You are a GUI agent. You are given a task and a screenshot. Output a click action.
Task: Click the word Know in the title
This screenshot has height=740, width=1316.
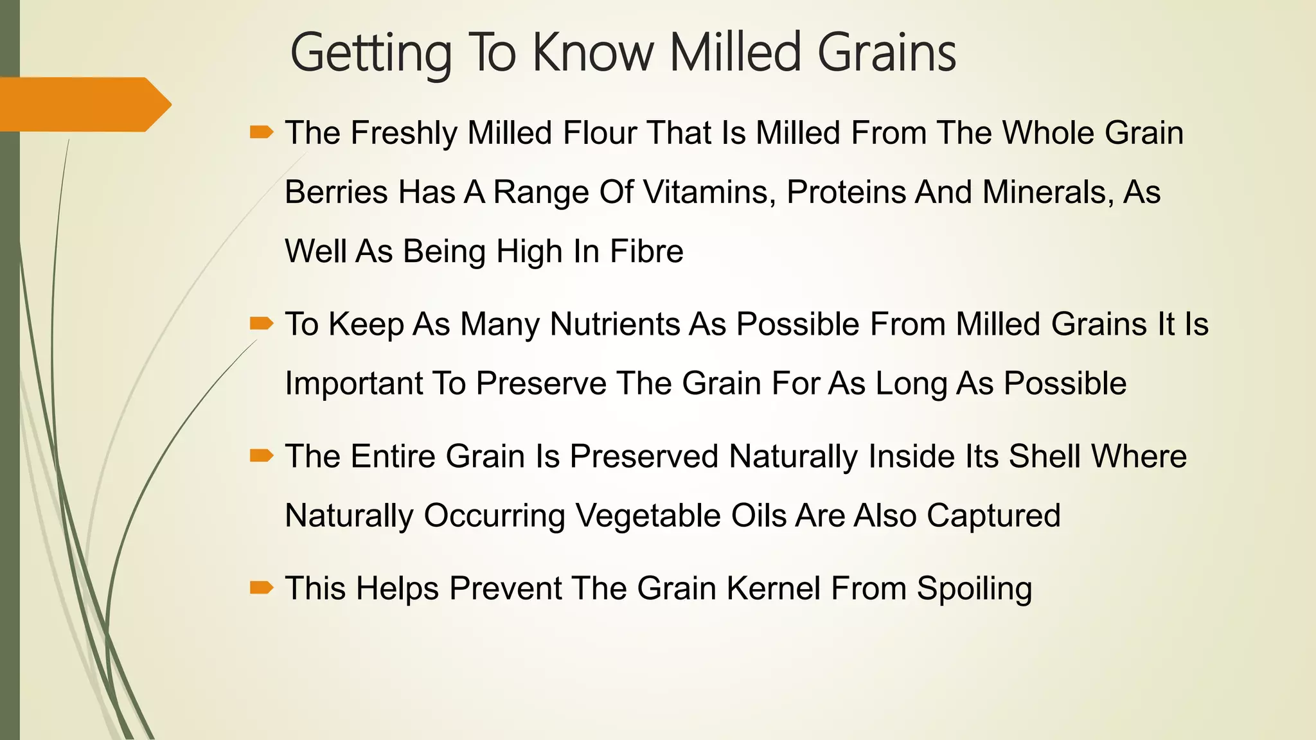point(592,53)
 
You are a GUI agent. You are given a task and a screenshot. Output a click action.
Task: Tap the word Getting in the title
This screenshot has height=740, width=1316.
point(371,53)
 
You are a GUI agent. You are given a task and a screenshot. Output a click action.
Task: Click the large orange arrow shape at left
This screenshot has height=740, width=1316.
point(84,104)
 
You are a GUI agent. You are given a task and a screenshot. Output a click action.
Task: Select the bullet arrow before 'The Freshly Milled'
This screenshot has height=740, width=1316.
point(262,133)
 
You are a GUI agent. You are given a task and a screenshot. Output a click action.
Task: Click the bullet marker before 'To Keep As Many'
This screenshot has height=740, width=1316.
point(262,323)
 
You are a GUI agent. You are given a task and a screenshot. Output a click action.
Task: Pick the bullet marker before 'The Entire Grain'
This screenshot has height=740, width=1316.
point(262,456)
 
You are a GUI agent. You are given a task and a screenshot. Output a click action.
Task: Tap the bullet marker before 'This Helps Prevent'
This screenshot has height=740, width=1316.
point(262,588)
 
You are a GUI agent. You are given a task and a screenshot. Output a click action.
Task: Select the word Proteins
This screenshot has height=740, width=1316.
point(846,192)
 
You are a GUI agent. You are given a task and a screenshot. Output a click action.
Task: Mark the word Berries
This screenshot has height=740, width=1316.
point(337,192)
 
